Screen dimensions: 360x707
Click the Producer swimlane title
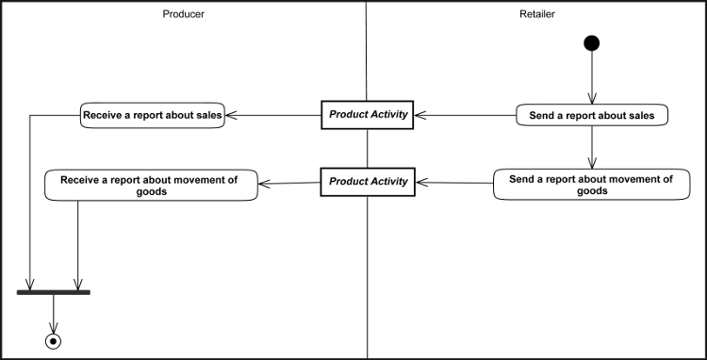(183, 14)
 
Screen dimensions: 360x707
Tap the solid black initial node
(592, 42)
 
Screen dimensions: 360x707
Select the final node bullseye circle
(54, 340)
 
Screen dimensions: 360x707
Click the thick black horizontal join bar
(54, 292)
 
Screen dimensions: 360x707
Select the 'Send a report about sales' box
(592, 115)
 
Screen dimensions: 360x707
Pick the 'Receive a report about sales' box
(153, 115)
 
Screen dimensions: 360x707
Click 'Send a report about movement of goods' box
(591, 185)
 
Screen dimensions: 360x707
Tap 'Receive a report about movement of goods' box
(152, 185)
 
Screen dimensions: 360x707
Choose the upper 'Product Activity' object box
(367, 115)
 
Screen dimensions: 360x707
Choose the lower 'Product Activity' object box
(367, 181)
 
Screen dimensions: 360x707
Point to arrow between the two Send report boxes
(592, 148)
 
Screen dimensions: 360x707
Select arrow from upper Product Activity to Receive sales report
(273, 115)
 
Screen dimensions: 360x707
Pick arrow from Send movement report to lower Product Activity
(453, 182)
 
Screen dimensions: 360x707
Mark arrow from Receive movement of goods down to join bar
(77, 245)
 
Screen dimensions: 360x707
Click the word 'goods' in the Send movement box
(591, 190)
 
